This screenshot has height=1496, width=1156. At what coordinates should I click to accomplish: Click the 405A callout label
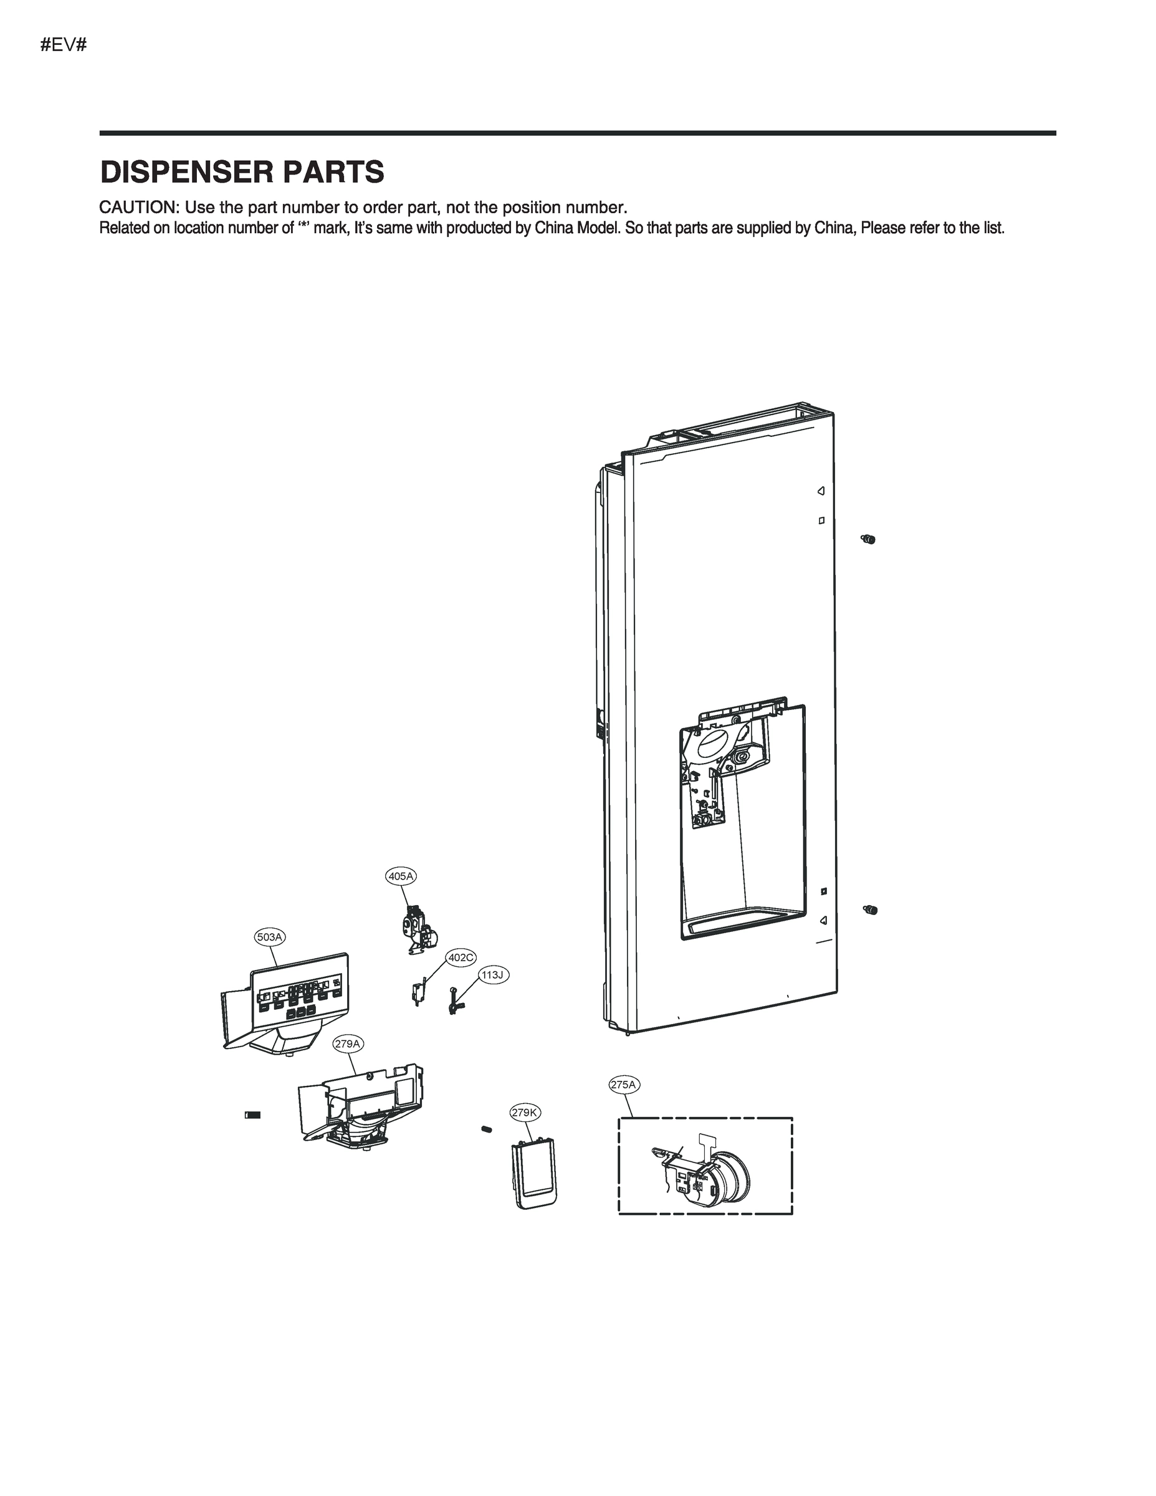point(401,875)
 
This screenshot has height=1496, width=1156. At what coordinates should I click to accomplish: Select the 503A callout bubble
point(269,936)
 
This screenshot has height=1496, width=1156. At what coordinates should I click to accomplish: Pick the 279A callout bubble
point(347,1043)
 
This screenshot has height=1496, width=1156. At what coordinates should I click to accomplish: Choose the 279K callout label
point(525,1113)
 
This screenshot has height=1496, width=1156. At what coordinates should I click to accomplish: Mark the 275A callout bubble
point(624,1085)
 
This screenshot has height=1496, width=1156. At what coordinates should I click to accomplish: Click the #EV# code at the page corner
point(63,46)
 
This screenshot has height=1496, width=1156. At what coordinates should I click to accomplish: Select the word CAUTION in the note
point(137,207)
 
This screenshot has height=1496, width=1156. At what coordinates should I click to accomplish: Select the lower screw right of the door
point(871,909)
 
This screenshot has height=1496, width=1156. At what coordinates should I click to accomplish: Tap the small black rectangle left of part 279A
point(253,1115)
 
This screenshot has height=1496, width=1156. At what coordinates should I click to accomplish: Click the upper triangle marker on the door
point(821,491)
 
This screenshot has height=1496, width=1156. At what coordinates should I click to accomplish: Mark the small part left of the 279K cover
point(487,1128)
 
